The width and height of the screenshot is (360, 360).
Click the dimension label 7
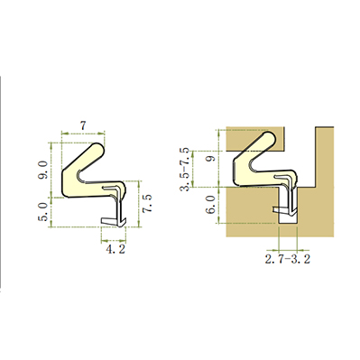click(x=83, y=125)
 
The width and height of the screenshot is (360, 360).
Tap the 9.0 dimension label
click(x=43, y=170)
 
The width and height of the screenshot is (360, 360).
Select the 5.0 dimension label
click(x=43, y=212)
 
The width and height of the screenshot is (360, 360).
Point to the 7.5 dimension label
click(x=147, y=204)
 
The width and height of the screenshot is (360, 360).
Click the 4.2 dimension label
click(x=115, y=249)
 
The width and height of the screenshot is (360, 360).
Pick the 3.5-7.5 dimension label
click(x=188, y=170)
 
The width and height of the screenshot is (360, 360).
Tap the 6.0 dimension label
click(x=212, y=205)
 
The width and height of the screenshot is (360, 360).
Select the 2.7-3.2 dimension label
click(x=287, y=259)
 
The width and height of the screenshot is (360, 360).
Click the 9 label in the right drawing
click(x=212, y=158)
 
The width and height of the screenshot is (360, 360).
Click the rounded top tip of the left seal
click(x=98, y=149)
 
